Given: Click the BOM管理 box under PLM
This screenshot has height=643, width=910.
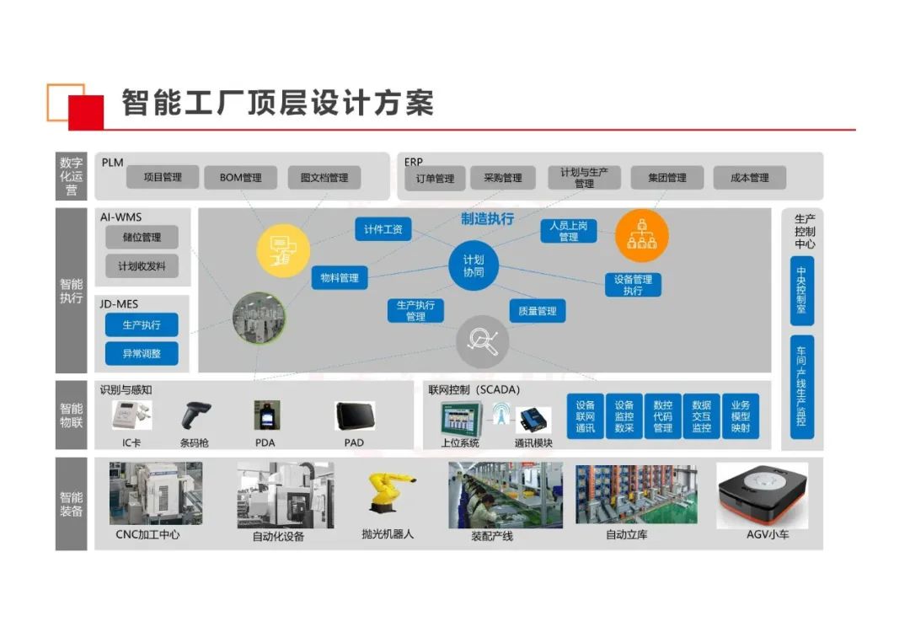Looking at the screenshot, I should (x=240, y=177).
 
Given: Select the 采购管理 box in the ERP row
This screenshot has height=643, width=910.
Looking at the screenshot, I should (x=502, y=178).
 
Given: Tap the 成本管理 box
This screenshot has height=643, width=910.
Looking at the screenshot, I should (x=749, y=178).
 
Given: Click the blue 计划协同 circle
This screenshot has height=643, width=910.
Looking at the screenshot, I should (x=474, y=266).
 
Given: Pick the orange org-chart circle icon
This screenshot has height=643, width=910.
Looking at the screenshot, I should (x=641, y=236).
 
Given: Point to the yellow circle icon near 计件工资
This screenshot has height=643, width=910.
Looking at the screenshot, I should (x=283, y=250).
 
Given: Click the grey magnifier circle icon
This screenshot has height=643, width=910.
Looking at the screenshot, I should (x=483, y=341).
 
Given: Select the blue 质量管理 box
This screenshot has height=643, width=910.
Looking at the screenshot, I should (x=537, y=311).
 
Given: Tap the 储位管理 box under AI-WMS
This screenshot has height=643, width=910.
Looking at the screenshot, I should (x=142, y=237).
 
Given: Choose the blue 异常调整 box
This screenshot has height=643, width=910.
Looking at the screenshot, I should (x=142, y=353).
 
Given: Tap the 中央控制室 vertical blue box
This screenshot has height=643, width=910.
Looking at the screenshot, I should (x=801, y=291).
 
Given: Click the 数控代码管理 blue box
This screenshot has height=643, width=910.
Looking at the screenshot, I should (x=663, y=416).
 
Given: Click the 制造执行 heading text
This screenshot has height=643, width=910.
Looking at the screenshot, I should (x=487, y=219).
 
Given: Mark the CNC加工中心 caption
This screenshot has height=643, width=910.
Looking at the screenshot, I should (x=147, y=534).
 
